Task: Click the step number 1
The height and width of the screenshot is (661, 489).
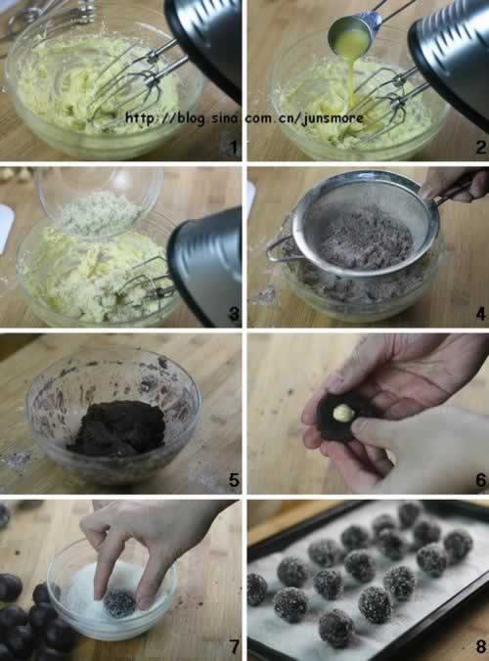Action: tap(233, 147)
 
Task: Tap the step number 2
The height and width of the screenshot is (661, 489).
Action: tap(481, 147)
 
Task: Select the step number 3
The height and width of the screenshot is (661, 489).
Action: tap(233, 313)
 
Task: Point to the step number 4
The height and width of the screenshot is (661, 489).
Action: tap(481, 313)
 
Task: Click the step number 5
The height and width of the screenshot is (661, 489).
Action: tap(234, 480)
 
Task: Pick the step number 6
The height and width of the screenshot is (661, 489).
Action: tap(481, 480)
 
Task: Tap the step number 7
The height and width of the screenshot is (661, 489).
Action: tap(234, 646)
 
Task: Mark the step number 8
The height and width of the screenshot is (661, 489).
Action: tap(481, 646)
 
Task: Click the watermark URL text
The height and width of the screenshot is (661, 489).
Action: tap(244, 118)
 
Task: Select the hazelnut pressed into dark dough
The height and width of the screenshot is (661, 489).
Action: tap(343, 413)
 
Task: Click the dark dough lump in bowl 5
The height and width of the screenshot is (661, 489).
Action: tap(117, 428)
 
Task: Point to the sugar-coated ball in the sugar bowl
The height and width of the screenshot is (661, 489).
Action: tap(119, 603)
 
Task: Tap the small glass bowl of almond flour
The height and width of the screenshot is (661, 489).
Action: tap(101, 202)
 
